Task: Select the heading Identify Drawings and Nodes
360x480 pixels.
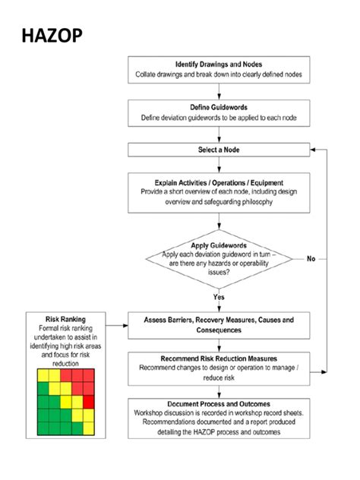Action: pyautogui.click(x=219, y=64)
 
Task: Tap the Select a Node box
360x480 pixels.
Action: pyautogui.click(x=219, y=150)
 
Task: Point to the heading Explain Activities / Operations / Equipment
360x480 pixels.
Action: pyautogui.click(x=219, y=183)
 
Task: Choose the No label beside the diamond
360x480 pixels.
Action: pyautogui.click(x=311, y=259)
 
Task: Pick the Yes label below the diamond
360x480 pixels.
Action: pyautogui.click(x=219, y=297)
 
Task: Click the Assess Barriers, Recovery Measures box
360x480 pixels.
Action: pyautogui.click(x=219, y=326)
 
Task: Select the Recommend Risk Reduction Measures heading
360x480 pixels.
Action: pyautogui.click(x=219, y=358)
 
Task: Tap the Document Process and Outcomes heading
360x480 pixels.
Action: pyautogui.click(x=219, y=403)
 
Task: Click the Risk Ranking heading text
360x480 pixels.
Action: pyautogui.click(x=65, y=319)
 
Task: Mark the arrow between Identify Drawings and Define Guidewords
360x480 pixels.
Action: pyautogui.click(x=219, y=92)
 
